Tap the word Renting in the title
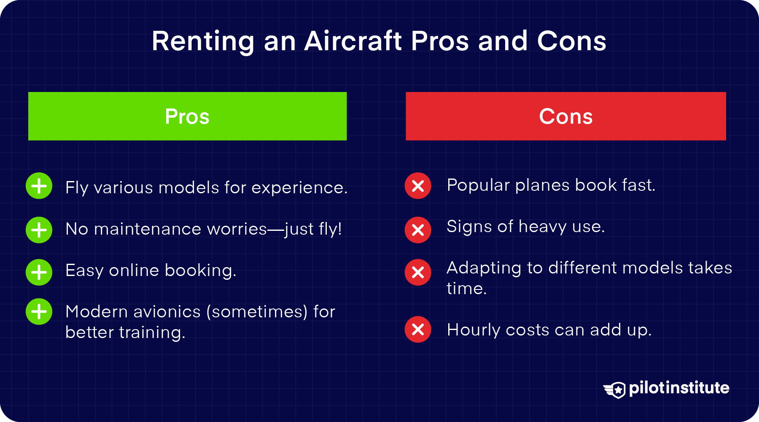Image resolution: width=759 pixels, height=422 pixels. coord(203,41)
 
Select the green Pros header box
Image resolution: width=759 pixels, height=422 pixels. coord(187,116)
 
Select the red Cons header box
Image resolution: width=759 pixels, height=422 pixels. coord(565,116)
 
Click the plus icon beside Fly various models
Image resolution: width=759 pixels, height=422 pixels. coord(39,186)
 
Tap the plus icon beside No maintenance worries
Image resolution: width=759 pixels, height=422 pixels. coord(39,230)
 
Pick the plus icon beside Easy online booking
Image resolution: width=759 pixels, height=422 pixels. coord(39,272)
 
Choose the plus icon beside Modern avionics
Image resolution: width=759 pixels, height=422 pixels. coord(39,312)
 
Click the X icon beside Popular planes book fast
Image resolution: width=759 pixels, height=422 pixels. coord(418,186)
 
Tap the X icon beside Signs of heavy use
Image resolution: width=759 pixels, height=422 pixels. coord(418,230)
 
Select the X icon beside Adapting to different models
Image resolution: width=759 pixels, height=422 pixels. coord(418,272)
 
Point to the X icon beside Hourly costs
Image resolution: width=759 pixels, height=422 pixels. coord(418,329)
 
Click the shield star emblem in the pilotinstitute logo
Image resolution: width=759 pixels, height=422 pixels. coord(616,390)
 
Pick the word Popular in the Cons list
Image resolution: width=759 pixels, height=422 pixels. coord(478,186)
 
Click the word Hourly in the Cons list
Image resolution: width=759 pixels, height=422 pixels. coord(473,330)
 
